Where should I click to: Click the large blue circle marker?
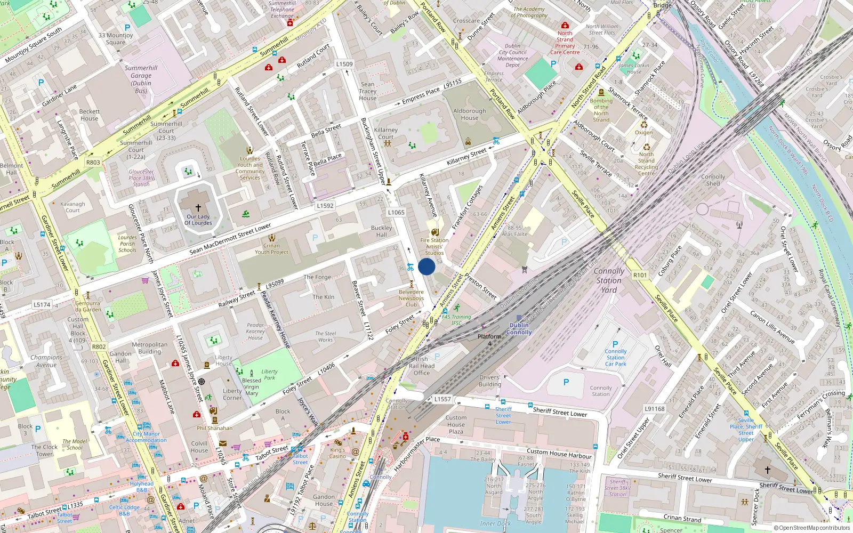pyautogui.click(x=426, y=266)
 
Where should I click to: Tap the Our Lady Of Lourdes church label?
pyautogui.click(x=198, y=219)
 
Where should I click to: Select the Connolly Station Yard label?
pyautogui.click(x=609, y=280)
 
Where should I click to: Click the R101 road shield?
pyautogui.click(x=640, y=275)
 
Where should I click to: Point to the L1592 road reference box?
pyautogui.click(x=325, y=205)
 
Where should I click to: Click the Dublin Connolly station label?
pyautogui.click(x=519, y=328)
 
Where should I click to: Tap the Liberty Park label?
pyautogui.click(x=269, y=375)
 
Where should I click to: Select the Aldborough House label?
pyautogui.click(x=469, y=114)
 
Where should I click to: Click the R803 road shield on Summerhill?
pyautogui.click(x=93, y=162)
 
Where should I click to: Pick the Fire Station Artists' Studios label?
pyautogui.click(x=434, y=246)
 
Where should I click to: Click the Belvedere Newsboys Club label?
pyautogui.click(x=411, y=298)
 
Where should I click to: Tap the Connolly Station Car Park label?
pyautogui.click(x=615, y=358)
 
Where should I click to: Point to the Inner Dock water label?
pyautogui.click(x=495, y=523)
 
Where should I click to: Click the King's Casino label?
pyautogui.click(x=337, y=453)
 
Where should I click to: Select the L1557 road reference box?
pyautogui.click(x=442, y=399)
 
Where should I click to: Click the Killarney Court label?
pyautogui.click(x=385, y=133)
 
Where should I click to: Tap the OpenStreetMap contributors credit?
pyautogui.click(x=811, y=528)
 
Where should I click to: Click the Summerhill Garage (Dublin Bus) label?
pyautogui.click(x=141, y=79)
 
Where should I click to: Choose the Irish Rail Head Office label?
pyautogui.click(x=421, y=366)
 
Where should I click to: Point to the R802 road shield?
pyautogui.click(x=99, y=346)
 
